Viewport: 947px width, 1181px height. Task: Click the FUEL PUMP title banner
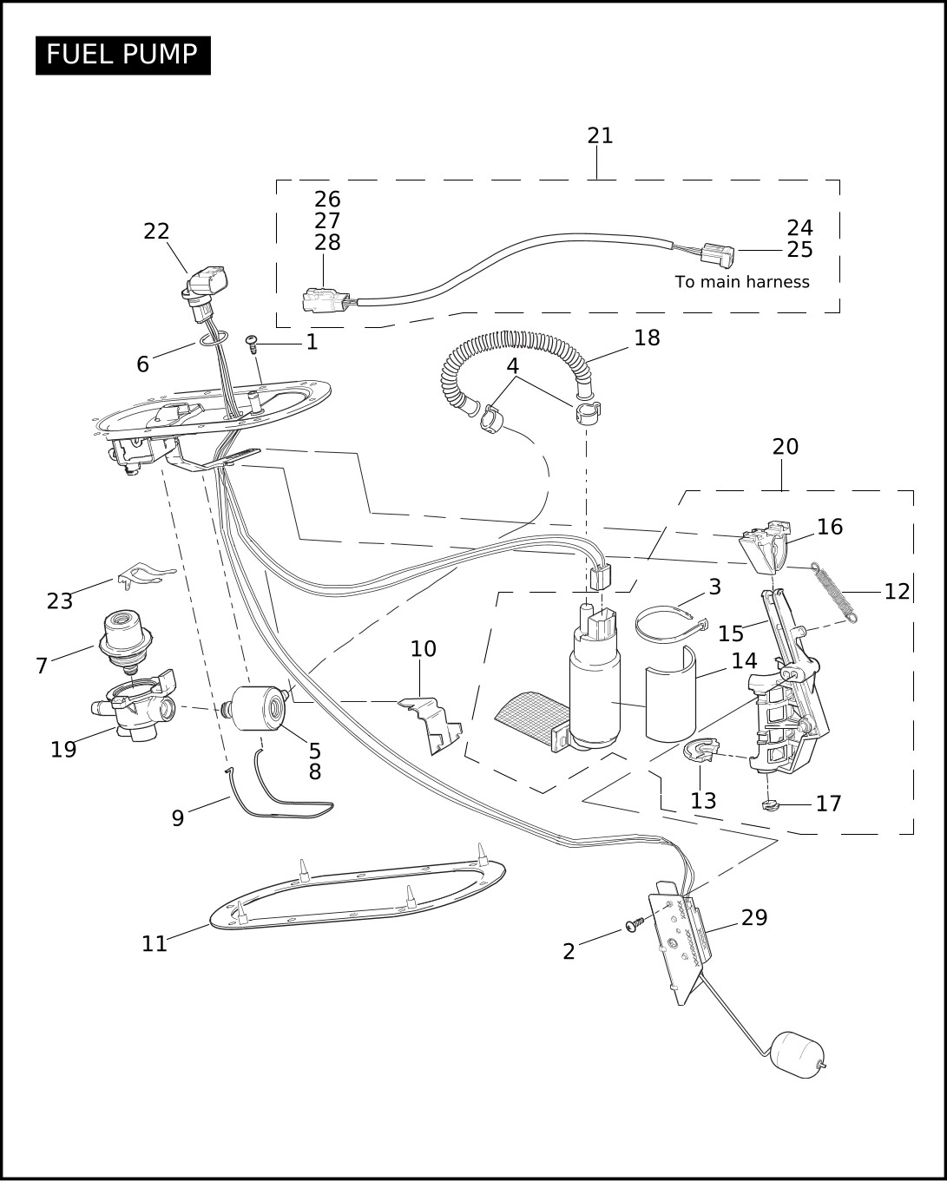[x=123, y=55]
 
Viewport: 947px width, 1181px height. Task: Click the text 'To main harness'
[x=741, y=282]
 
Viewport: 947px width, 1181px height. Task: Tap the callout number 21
[x=600, y=135]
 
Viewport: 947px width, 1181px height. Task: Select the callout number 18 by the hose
[x=647, y=338]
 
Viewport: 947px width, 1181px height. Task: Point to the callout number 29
[x=754, y=917]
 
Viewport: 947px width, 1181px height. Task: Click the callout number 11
[x=155, y=944]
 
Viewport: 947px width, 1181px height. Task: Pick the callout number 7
[x=42, y=666]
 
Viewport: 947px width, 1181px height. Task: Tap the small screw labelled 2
[x=636, y=924]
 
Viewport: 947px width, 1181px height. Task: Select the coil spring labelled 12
[x=834, y=593]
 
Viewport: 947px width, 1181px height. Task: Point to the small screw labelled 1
[x=253, y=343]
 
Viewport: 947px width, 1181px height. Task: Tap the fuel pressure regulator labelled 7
[x=125, y=639]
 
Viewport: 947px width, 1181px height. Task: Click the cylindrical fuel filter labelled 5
[x=259, y=708]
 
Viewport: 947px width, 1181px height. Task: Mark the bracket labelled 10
[x=431, y=725]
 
